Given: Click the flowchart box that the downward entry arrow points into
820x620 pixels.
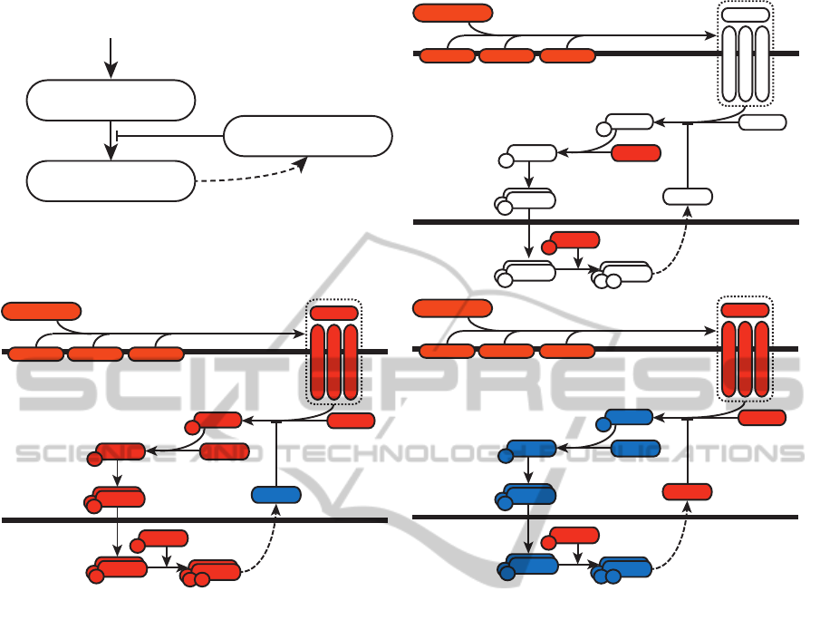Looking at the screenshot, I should pos(111,100).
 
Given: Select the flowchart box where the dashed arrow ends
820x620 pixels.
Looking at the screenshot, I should pos(308,136).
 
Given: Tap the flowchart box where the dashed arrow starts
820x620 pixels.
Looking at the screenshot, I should pos(111,181).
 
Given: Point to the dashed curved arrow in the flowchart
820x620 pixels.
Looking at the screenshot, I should pos(254,174).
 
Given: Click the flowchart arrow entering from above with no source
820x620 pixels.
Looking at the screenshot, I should pos(111,56).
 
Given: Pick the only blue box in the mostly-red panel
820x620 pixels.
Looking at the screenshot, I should pos(276,494).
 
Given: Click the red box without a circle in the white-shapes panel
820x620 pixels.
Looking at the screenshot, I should pos(636,153).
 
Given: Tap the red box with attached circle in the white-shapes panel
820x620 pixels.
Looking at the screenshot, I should pos(573,240).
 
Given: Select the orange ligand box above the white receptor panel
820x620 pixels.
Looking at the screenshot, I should pos(453,13).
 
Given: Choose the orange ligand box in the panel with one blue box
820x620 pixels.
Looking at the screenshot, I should pos(42,311).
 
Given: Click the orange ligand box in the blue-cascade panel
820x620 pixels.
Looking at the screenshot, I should pos(453,308).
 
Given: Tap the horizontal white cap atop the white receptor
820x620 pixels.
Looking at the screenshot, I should pos(745,15).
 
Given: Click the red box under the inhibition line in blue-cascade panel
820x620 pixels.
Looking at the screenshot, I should pos(687,491).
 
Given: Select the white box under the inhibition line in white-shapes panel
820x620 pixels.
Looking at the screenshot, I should pos(687,196).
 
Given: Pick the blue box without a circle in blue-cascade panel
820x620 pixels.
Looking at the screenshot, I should pos(636,448).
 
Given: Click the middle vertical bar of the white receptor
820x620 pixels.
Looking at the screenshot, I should pos(745,65).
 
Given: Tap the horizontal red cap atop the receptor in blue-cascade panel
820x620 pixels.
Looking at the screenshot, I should pos(745,310).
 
